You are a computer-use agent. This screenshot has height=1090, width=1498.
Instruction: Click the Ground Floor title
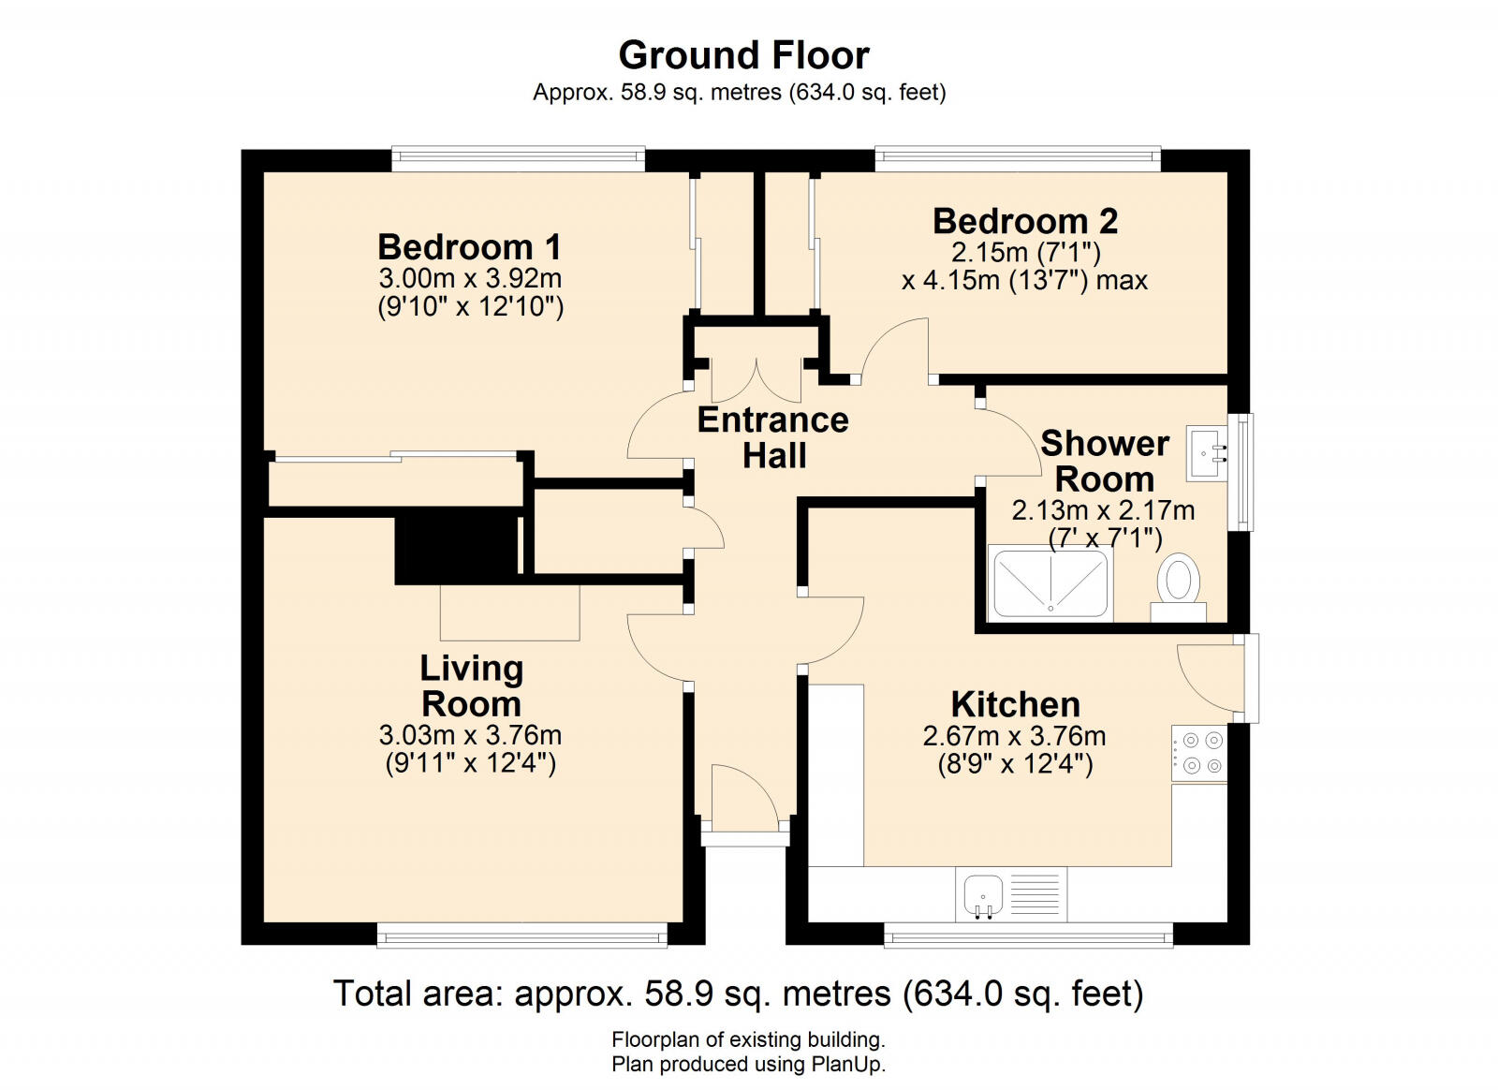coord(743,55)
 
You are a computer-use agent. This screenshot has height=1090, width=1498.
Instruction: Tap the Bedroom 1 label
coord(469,247)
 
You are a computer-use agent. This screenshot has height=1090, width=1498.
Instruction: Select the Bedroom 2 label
coord(1025,221)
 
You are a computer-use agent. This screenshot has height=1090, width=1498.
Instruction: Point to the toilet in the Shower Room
coord(1179,588)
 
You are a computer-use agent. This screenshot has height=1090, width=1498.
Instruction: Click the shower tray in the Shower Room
coord(1050,583)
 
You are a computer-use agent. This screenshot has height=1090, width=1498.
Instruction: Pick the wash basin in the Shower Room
coord(1208,453)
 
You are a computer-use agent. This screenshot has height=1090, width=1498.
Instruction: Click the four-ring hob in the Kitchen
coord(1199,753)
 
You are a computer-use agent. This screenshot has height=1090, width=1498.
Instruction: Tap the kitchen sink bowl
coord(983,895)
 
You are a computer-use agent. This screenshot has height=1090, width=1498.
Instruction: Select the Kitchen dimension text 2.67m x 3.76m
coord(1015,736)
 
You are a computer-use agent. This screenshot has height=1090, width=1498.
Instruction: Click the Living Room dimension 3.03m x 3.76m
coord(470,736)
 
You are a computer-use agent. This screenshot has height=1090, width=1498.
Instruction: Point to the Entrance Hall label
coord(773,438)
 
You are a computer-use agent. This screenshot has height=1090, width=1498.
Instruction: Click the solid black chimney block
coord(456,545)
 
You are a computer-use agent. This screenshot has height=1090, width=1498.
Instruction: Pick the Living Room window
coord(522,935)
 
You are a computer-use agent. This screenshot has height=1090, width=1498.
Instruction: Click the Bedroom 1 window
coord(519,159)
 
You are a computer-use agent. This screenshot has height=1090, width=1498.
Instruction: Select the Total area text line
coord(739,994)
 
